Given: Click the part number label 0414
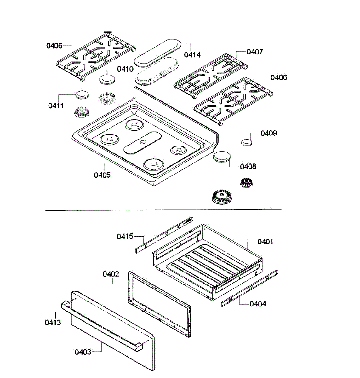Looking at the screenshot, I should point(192,54).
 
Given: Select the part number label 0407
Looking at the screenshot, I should point(254,51).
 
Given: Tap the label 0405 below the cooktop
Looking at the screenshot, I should point(102,175).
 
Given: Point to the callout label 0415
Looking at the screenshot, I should point(125,236).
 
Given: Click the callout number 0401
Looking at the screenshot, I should point(265,242).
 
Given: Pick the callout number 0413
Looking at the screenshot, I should point(53,322).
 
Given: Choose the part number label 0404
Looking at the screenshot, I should point(258,304).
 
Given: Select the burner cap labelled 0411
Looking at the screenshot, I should point(82,94).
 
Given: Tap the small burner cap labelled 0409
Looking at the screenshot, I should point(247,142).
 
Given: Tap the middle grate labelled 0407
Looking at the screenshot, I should point(211,74).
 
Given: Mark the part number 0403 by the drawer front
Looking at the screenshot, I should point(83,352).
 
